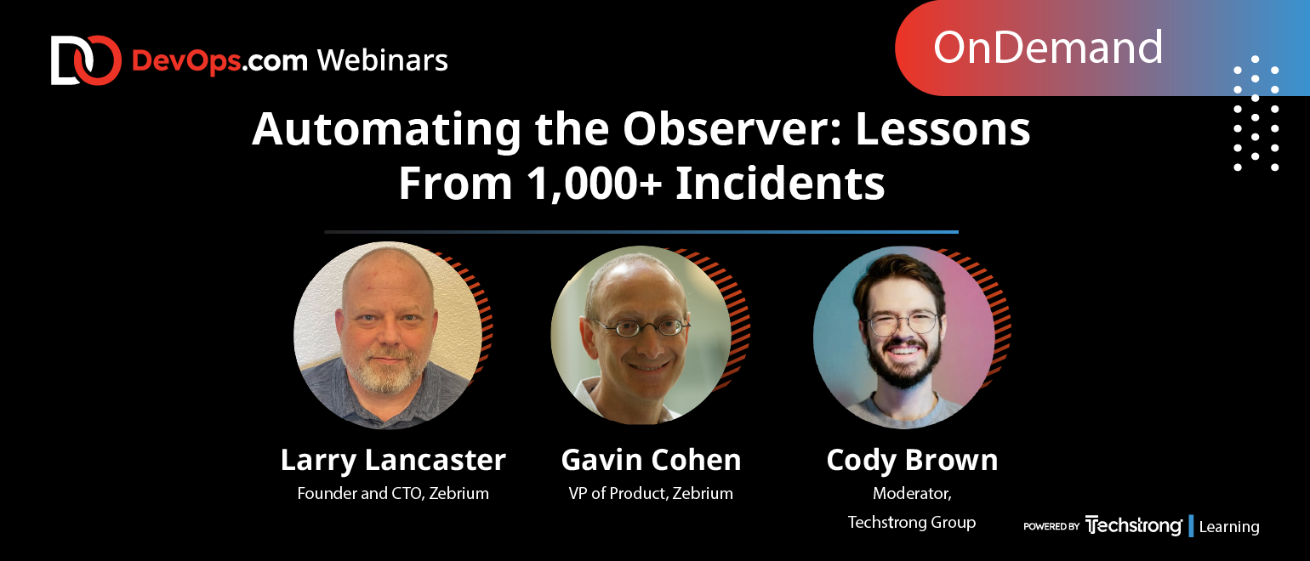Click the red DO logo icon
click(86, 60)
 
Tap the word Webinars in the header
click(383, 60)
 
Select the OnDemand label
click(1047, 48)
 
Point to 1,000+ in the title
click(594, 184)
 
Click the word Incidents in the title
click(780, 183)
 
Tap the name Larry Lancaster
click(393, 460)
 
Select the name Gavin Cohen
click(651, 460)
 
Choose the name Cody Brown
click(912, 461)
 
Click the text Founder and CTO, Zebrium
click(393, 493)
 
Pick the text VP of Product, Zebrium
click(651, 493)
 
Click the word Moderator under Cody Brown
click(912, 494)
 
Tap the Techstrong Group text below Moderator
click(912, 522)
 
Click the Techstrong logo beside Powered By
click(1133, 525)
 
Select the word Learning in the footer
click(1228, 526)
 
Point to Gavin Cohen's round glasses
click(641, 327)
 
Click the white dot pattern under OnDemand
click(1256, 113)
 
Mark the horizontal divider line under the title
click(641, 232)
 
